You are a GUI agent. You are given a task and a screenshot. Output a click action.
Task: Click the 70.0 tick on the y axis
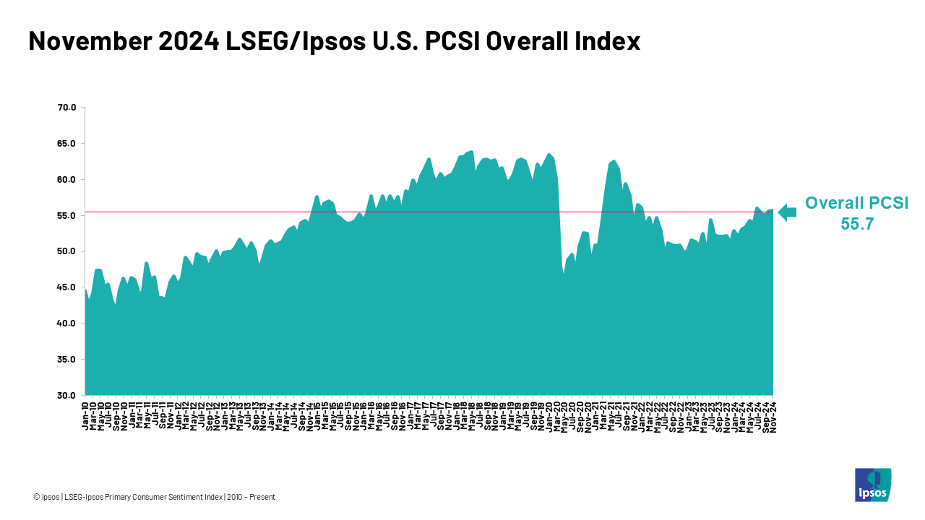point(66,108)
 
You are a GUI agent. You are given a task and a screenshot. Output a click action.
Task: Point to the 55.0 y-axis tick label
point(66,216)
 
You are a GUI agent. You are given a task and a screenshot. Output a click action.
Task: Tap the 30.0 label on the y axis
point(66,396)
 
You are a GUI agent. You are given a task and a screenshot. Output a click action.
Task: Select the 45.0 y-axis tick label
point(66,287)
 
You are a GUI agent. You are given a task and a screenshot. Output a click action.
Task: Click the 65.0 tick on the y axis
point(66,144)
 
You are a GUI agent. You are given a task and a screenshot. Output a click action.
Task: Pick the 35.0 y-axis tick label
point(66,360)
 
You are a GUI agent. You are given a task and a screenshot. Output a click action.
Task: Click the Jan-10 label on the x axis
point(85,416)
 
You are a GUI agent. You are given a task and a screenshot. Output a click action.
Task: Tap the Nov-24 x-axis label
point(773,416)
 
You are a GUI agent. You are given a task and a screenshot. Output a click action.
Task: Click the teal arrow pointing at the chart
point(786,212)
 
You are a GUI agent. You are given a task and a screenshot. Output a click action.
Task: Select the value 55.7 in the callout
point(857,224)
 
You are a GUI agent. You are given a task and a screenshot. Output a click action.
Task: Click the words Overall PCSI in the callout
point(857,203)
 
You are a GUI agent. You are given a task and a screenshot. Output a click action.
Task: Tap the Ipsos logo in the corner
point(873,485)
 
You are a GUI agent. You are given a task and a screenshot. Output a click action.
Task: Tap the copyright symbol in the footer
point(36,497)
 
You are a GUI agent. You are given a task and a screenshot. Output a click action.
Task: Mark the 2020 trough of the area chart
point(564,274)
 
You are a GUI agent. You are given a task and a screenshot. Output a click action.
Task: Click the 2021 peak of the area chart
point(614,160)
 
